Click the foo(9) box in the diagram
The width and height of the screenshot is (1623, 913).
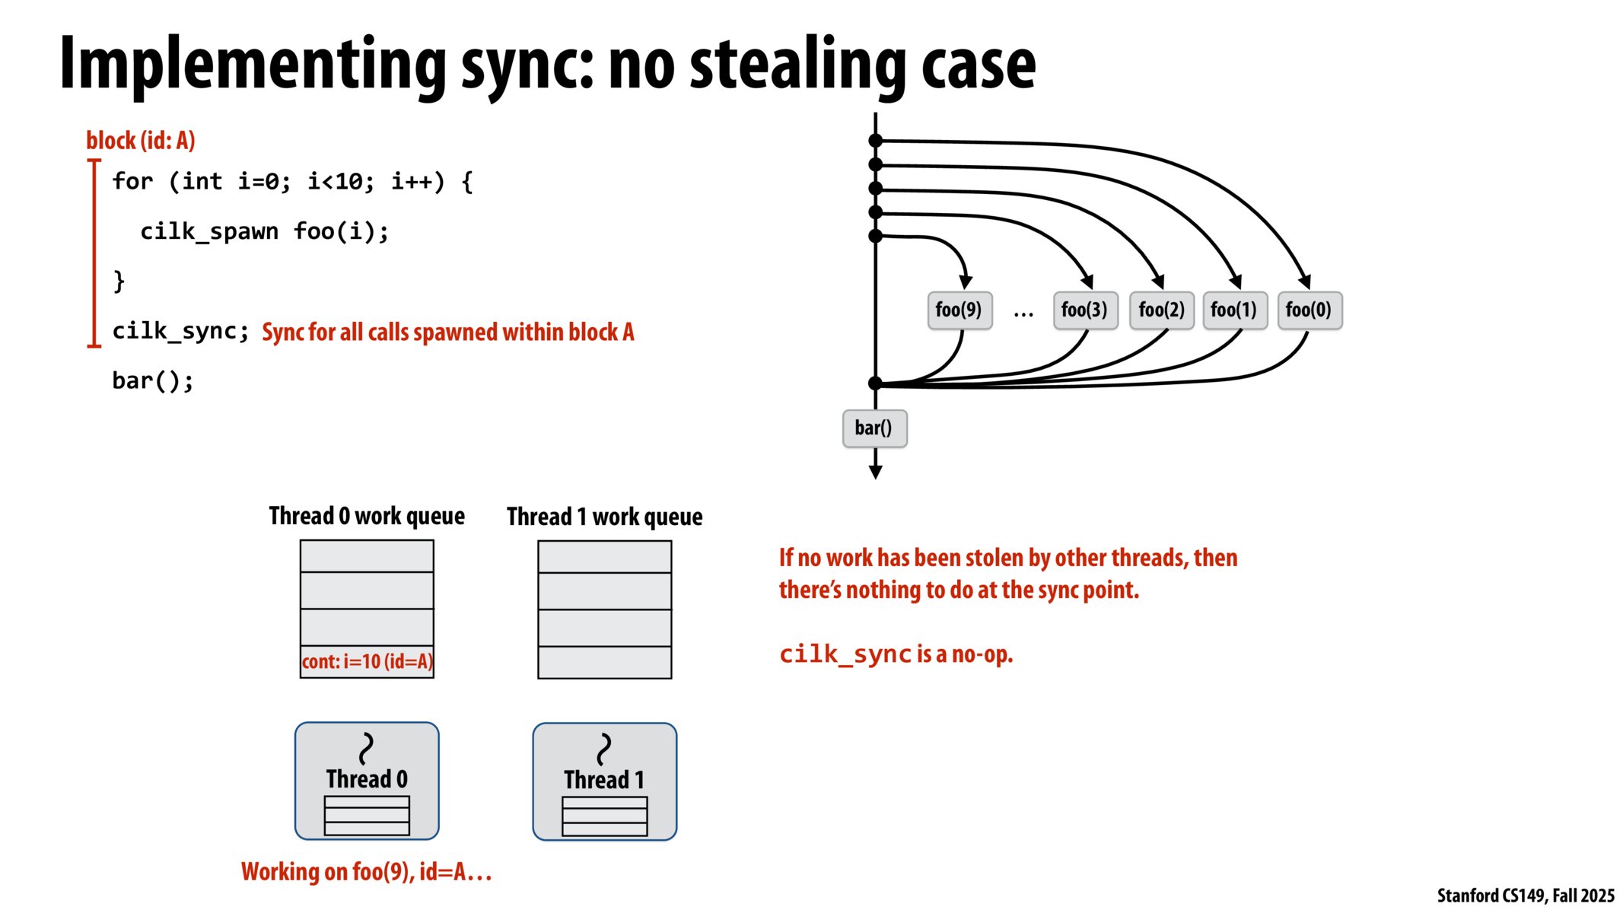[x=959, y=310]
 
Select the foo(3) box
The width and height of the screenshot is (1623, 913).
[x=1084, y=310]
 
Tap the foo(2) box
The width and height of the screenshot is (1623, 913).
[x=1161, y=310]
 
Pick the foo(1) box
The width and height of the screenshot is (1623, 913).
[x=1234, y=310]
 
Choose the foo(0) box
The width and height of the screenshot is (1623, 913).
[x=1309, y=310]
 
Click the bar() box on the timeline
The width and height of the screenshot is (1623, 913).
[x=874, y=428]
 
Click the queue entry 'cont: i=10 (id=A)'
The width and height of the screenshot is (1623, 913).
[x=367, y=661]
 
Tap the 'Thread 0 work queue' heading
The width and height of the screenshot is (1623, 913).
[x=367, y=516]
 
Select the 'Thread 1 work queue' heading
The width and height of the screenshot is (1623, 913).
[x=604, y=517]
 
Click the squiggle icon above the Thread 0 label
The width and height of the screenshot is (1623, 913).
[x=367, y=748]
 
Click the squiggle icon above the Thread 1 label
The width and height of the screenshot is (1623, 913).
[x=604, y=749]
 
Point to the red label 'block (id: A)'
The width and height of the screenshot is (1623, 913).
[x=141, y=141]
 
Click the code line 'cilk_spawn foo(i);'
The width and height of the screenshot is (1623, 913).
[x=264, y=231]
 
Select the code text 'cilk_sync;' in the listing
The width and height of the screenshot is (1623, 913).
[x=180, y=331]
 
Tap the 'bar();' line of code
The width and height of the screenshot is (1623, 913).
[x=153, y=380]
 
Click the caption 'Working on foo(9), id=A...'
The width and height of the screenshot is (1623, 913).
[x=366, y=872]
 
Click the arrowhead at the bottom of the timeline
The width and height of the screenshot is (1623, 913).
[x=875, y=472]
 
